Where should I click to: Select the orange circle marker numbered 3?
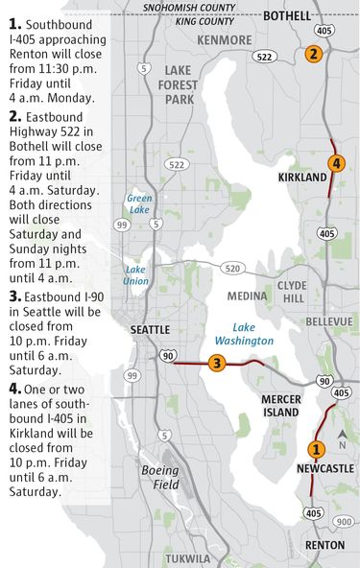pyautogui.click(x=217, y=363)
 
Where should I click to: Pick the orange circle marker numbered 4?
pyautogui.click(x=335, y=163)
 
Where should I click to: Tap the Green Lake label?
pyautogui.click(x=139, y=203)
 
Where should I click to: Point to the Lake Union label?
pyautogui.click(x=135, y=275)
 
